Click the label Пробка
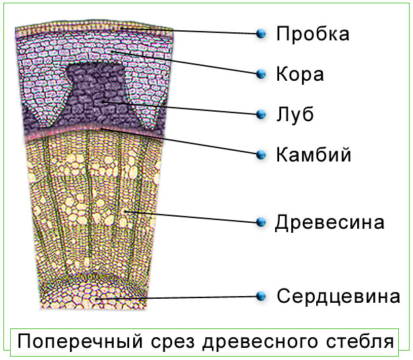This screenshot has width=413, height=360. [313, 34]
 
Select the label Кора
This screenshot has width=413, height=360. [300, 74]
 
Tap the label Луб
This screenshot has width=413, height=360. [295, 114]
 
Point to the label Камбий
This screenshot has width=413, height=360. [313, 154]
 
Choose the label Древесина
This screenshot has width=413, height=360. [330, 223]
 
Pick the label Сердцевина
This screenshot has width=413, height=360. [338, 296]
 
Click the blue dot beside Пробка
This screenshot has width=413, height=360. [261, 34]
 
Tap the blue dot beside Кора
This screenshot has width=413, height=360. [261, 74]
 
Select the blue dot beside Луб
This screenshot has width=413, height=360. [261, 114]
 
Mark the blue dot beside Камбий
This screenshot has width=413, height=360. [261, 155]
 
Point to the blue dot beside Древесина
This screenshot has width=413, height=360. [261, 222]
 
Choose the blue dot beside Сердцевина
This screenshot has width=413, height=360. [261, 296]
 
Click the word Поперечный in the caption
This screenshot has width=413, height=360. [80, 342]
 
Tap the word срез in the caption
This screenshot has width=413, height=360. [173, 343]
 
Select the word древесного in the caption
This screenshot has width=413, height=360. [260, 342]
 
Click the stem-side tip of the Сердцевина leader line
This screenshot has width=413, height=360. [96, 299]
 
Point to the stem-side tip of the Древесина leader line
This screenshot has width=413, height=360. [124, 211]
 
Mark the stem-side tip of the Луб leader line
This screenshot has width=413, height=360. [102, 101]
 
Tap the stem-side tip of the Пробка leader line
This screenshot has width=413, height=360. [122, 28]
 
